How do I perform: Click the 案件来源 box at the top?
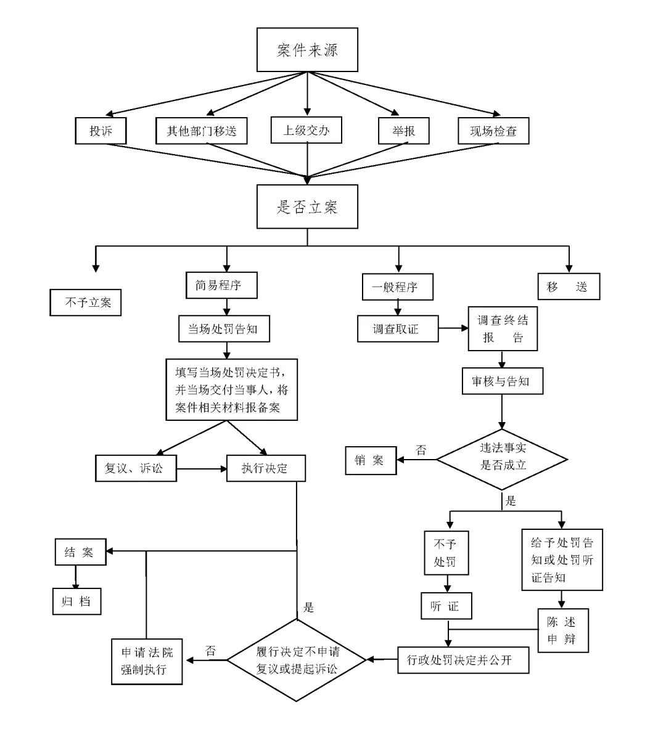pos(307,50)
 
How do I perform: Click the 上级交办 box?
pos(306,130)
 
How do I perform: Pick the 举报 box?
pos(403,131)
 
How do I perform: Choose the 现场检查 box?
pos(493,131)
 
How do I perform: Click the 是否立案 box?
pos(307,206)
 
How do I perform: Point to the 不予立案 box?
pos(86,303)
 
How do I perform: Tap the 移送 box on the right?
pos(568,287)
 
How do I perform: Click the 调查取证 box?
pos(397,328)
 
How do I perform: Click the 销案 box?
pos(370,460)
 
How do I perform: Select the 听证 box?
pos(446,606)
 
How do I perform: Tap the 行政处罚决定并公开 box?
pos(462,660)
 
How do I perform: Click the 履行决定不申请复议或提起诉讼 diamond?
pos(297,660)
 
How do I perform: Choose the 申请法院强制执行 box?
pos(147,661)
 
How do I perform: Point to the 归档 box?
pos(76,601)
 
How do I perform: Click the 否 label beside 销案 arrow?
pos(421,450)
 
